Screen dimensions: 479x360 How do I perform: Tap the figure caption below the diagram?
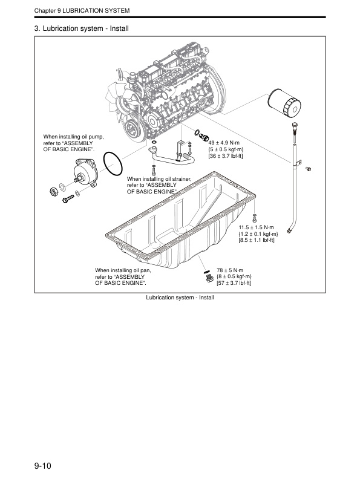180,297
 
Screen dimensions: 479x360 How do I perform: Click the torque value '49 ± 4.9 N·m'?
224,143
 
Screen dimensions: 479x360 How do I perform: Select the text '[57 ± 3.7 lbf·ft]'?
234,283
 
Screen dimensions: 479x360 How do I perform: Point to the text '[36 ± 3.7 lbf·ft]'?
226,156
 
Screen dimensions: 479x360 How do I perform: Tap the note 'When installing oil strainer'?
159,179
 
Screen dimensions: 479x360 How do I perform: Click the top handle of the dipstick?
294,126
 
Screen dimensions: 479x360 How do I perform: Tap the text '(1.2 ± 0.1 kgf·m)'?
258,233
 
